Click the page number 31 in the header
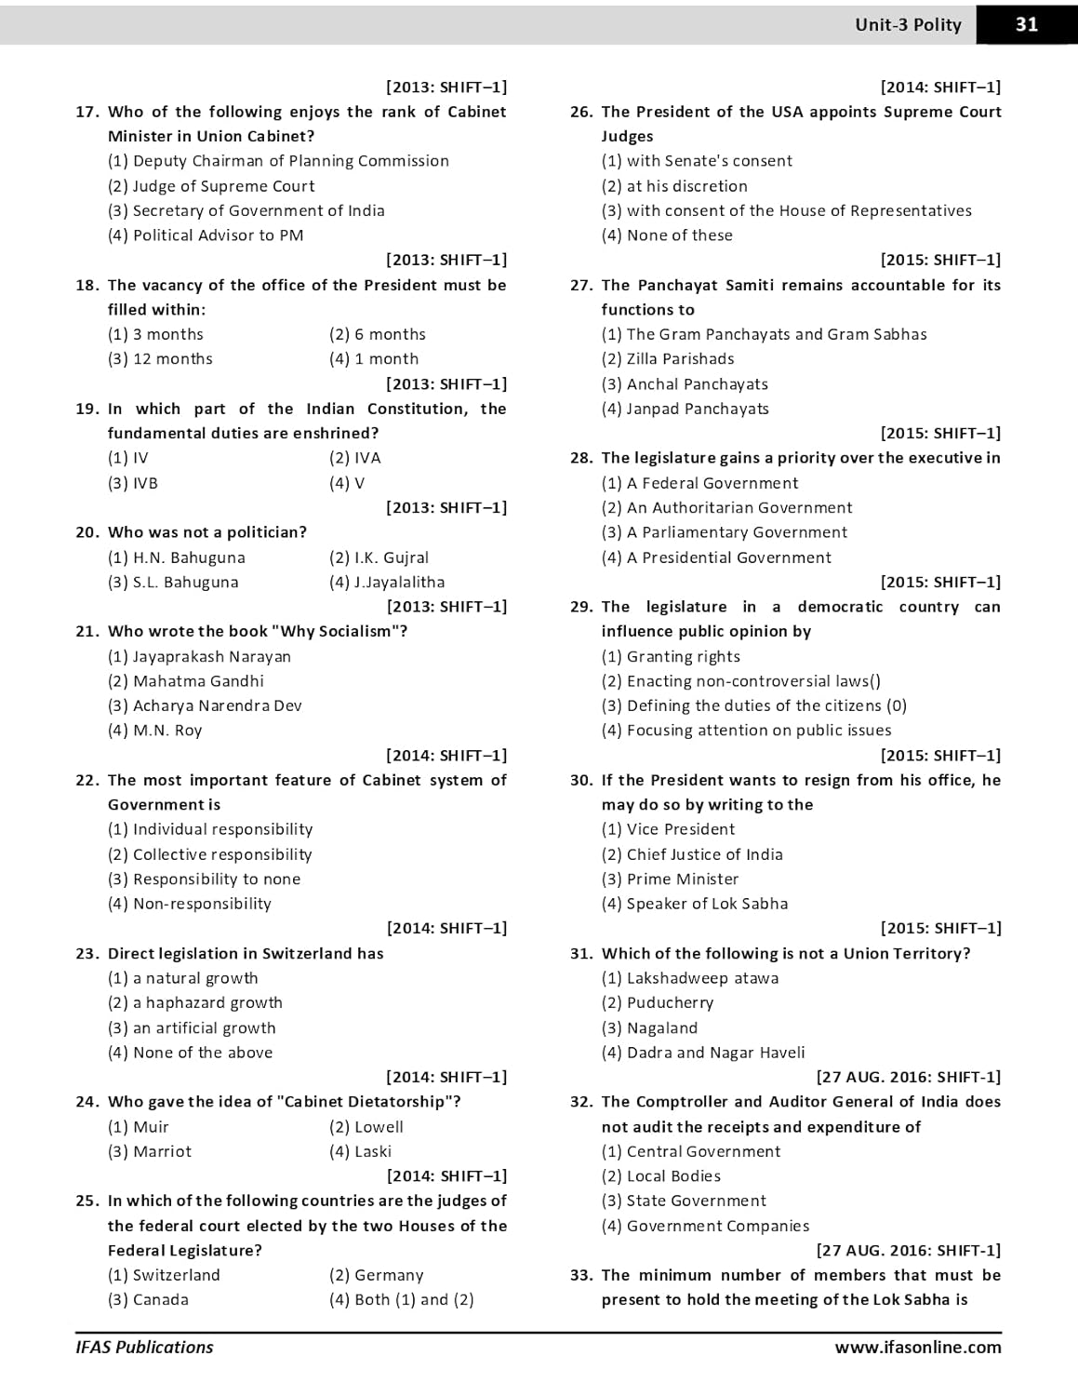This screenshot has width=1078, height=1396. pos(1027,25)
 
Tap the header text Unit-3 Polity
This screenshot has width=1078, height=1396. pos(908,25)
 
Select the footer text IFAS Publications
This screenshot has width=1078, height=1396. pos(144,1347)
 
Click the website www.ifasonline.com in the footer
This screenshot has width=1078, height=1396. pos(917,1347)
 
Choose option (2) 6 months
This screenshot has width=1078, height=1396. pos(377,334)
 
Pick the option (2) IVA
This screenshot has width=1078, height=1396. pos(354,458)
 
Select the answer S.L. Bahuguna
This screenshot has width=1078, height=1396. pos(173,583)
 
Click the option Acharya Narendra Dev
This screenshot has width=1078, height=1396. pos(205,705)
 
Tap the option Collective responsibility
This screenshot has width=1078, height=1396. pos(209,854)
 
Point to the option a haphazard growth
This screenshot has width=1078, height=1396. pos(195,1002)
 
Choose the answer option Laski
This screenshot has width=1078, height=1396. pos(360,1151)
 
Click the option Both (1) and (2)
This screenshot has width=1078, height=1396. pos(401,1299)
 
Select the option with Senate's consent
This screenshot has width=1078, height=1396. pos(697,161)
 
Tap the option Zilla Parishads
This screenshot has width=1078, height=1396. pos(667,359)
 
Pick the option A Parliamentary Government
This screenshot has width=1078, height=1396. pos(724,532)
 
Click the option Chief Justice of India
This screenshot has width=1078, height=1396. pos(692,854)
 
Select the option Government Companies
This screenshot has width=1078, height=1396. pos(705,1226)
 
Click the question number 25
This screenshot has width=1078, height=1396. pos(87,1201)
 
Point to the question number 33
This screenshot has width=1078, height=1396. pos(581,1275)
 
